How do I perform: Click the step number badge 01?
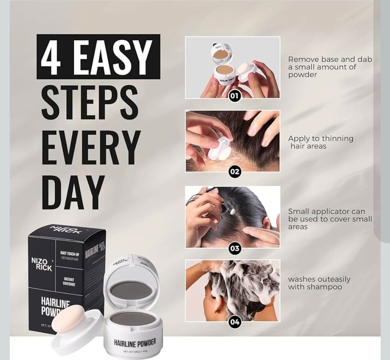click(x=235, y=96)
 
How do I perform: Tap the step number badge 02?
click(x=235, y=171)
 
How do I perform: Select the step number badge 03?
click(x=235, y=248)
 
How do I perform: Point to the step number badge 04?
click(x=235, y=322)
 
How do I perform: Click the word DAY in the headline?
click(x=73, y=192)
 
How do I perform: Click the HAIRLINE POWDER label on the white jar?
click(x=135, y=342)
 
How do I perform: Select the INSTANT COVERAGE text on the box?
click(x=69, y=281)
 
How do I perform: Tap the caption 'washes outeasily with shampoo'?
click(x=319, y=283)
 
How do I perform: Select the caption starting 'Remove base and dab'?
click(x=330, y=67)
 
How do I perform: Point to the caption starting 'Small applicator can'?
click(x=330, y=219)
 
